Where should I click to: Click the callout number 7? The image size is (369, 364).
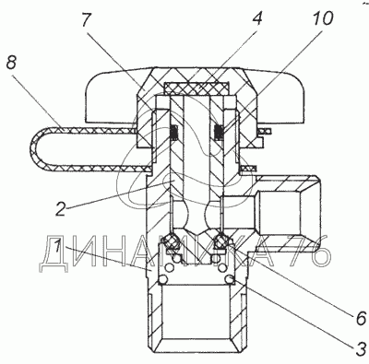86,20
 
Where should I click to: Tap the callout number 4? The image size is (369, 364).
256,18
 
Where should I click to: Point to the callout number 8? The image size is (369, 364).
11,64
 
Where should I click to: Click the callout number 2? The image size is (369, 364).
61,209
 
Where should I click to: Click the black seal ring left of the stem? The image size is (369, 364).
174,132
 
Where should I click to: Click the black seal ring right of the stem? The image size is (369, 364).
219,132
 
